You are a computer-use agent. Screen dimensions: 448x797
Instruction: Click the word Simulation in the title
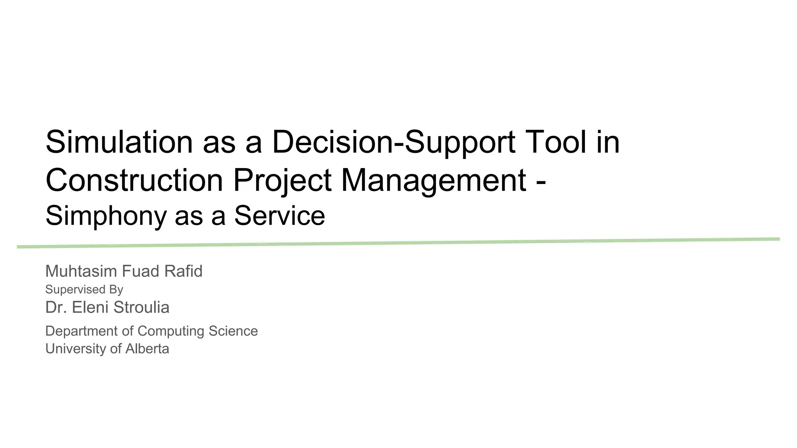[x=119, y=142]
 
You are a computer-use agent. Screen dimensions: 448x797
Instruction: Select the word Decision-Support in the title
[x=393, y=142]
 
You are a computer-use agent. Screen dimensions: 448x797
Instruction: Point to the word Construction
[x=134, y=180]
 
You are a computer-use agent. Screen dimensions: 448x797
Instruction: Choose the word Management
[x=434, y=180]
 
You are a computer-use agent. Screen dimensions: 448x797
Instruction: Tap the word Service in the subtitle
[x=279, y=216]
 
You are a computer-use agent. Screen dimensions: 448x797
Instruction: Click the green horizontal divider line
[x=398, y=243]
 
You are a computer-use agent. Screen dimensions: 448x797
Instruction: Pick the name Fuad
[x=143, y=271]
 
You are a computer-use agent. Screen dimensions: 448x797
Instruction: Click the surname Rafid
[x=183, y=271]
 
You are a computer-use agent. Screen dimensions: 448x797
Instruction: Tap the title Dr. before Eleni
[x=56, y=307]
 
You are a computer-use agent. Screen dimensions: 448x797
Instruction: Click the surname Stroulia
[x=142, y=307]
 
